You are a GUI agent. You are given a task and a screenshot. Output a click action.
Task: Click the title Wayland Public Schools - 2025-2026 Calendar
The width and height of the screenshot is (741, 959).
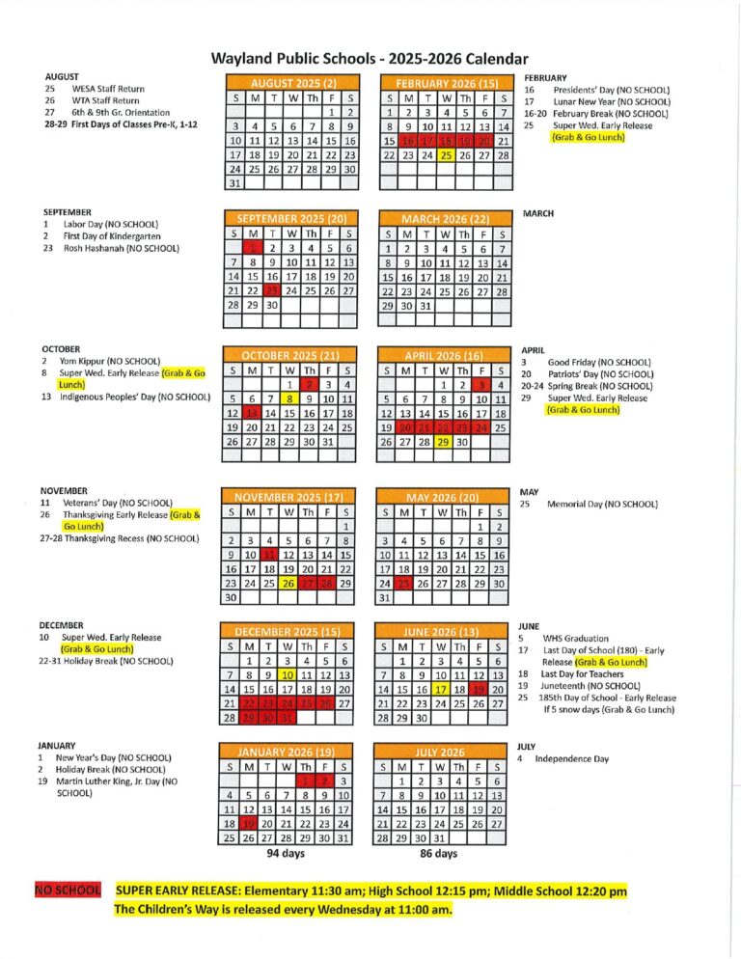[x=370, y=59]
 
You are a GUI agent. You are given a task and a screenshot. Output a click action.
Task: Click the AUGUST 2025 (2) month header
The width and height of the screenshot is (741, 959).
[x=292, y=83]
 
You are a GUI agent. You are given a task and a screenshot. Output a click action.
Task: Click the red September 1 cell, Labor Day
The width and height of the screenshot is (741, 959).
[x=253, y=248]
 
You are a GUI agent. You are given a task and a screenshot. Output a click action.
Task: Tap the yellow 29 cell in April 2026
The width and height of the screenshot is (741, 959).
[x=444, y=441]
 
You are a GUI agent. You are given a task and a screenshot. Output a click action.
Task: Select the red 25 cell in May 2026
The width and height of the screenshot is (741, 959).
[x=406, y=583]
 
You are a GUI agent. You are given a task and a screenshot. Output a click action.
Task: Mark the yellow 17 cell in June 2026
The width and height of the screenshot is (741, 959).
[x=442, y=689]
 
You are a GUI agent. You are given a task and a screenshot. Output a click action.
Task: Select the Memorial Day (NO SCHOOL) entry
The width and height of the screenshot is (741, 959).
[x=602, y=504]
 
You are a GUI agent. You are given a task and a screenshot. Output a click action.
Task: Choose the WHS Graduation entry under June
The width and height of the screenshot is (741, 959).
[x=576, y=638]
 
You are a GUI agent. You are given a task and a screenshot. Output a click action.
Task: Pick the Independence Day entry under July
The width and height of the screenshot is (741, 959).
[x=571, y=758]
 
